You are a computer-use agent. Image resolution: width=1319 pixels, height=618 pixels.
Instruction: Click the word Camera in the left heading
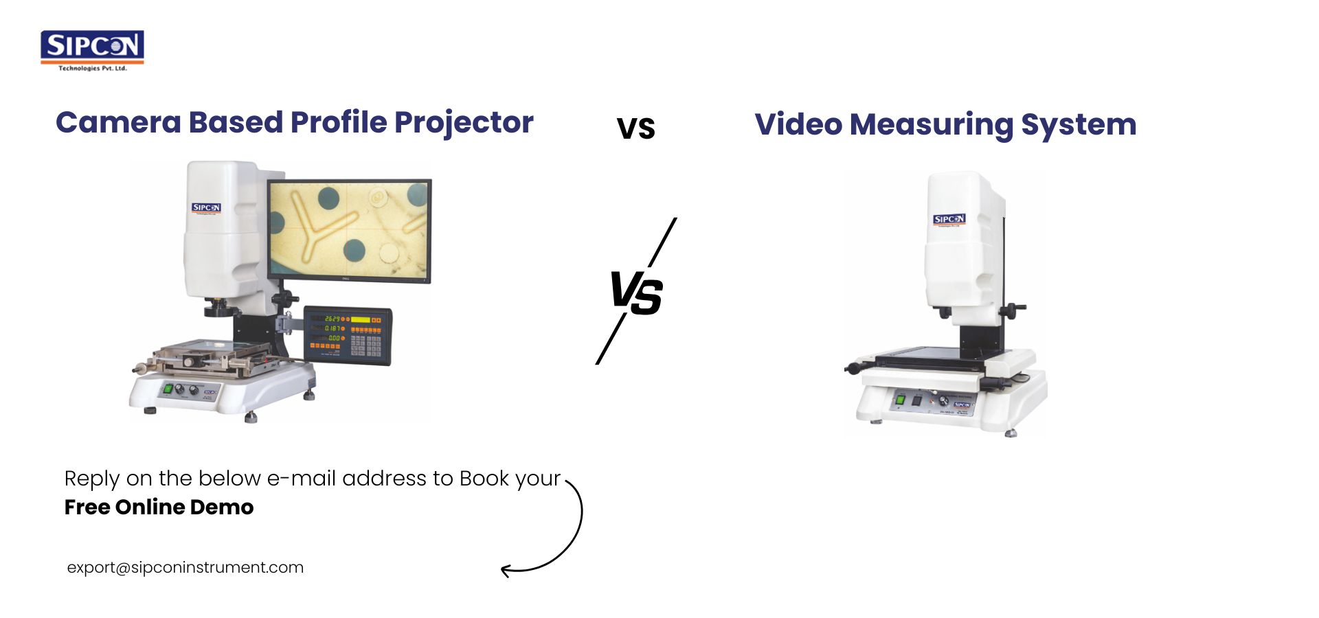[x=118, y=123]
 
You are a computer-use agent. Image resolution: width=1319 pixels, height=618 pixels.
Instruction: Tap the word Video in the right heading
[x=798, y=125]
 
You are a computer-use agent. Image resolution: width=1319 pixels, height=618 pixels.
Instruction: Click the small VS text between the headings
[x=635, y=128]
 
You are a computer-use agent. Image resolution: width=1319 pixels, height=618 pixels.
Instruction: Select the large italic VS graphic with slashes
[x=637, y=293]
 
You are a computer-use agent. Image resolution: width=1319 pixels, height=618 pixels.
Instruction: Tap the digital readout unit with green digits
[x=348, y=334]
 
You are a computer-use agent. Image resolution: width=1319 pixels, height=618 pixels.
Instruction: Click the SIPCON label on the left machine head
[x=206, y=207]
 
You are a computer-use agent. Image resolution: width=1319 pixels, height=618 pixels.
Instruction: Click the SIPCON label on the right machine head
[x=949, y=220]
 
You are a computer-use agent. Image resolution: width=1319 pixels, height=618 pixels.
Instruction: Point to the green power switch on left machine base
[x=168, y=389]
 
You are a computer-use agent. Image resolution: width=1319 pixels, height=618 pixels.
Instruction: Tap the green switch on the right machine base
[x=900, y=399]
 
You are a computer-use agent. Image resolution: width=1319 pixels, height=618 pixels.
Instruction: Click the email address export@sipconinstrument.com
[x=185, y=568]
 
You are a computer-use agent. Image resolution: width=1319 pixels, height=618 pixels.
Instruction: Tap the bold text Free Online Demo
[x=159, y=507]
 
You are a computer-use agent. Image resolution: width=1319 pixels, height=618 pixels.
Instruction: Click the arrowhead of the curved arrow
[x=506, y=570]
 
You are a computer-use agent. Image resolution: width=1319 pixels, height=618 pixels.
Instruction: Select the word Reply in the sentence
[x=91, y=479]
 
